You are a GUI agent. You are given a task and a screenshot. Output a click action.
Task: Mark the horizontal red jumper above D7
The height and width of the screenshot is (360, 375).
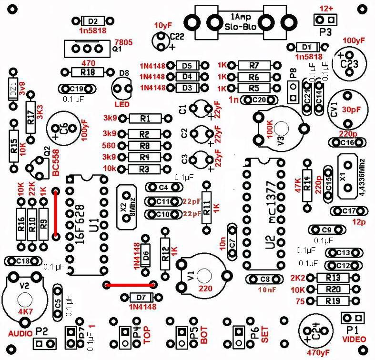pyautogui.click(x=130, y=285)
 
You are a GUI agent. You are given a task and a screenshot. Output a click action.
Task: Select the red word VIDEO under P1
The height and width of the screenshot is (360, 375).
pyautogui.click(x=354, y=339)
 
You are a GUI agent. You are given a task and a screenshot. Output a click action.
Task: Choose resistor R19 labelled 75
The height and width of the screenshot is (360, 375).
pyautogui.click(x=332, y=300)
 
